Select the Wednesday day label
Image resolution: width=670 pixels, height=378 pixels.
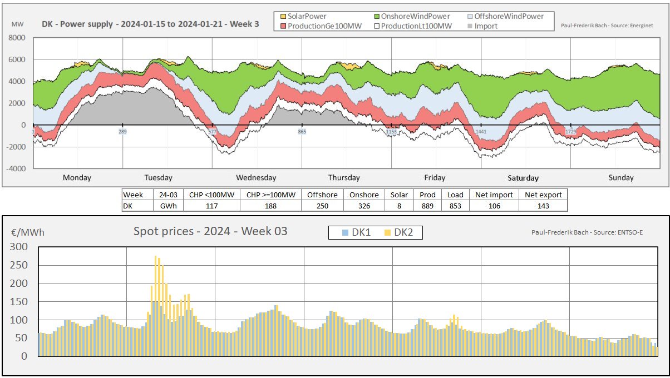click(x=256, y=178)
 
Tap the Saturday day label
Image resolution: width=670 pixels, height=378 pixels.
click(x=523, y=178)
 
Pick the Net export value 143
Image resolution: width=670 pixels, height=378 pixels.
click(x=543, y=206)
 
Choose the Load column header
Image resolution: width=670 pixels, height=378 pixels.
click(x=455, y=195)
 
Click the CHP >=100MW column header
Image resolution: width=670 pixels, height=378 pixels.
click(x=270, y=195)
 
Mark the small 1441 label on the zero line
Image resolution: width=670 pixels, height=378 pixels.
click(x=481, y=131)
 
